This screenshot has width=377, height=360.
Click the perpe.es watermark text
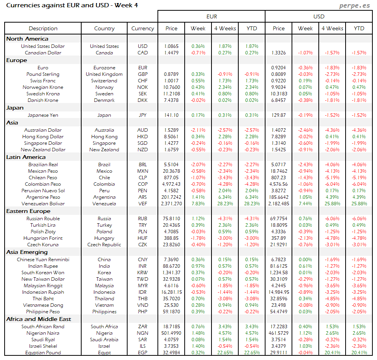(355, 6)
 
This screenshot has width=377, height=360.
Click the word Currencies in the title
(23, 5)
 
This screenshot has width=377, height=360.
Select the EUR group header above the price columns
(211, 16)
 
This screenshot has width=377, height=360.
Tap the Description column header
(43, 28)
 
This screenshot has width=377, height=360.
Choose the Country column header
(104, 28)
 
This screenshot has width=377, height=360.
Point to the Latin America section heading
(26, 157)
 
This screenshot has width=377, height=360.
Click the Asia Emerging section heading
(27, 252)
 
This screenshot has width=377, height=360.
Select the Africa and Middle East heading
(39, 319)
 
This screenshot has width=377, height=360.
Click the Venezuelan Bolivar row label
(43, 203)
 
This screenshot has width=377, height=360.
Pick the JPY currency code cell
(143, 115)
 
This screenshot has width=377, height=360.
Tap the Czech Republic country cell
(104, 244)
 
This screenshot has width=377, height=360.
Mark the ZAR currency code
(143, 326)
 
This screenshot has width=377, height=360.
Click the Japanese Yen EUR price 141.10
(171, 115)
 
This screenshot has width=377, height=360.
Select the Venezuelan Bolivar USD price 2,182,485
(279, 203)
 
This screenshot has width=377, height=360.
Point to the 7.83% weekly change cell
(198, 203)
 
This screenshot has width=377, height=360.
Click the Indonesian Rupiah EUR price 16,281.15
(171, 292)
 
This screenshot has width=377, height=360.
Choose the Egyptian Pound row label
(43, 352)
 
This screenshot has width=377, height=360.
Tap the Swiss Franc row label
(43, 80)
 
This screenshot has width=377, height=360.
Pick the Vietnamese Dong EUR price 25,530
(171, 305)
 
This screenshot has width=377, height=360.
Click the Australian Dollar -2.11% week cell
(198, 130)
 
